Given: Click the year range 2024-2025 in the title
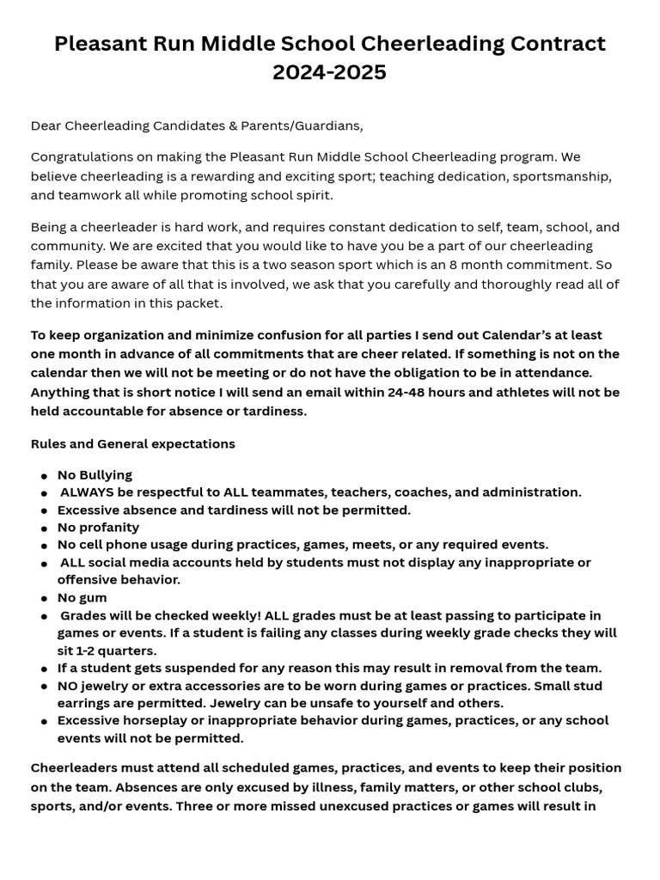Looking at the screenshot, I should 329,72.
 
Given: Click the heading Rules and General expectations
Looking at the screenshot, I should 132,444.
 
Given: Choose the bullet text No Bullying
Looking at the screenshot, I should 95,474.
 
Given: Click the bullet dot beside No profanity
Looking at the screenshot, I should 44,528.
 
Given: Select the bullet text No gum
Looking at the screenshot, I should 82,597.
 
